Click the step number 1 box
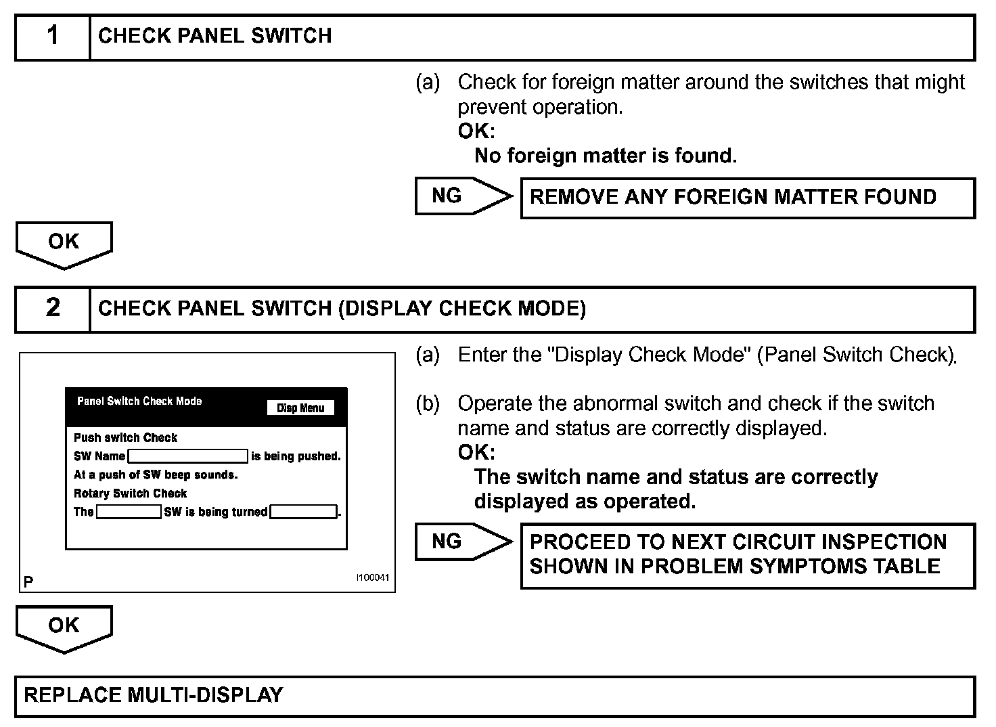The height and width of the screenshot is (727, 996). pyautogui.click(x=53, y=37)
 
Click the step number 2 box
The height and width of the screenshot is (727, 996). pyautogui.click(x=53, y=309)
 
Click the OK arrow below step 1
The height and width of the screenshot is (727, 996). pyautogui.click(x=64, y=244)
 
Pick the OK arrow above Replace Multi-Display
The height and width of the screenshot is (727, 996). pyautogui.click(x=64, y=627)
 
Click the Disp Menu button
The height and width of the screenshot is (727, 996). pyautogui.click(x=300, y=408)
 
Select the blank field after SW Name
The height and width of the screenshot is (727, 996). pyautogui.click(x=188, y=456)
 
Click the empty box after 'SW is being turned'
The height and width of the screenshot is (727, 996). pyautogui.click(x=303, y=512)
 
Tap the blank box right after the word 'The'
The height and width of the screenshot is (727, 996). pyautogui.click(x=129, y=512)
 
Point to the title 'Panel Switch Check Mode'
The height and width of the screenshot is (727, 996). pyautogui.click(x=139, y=401)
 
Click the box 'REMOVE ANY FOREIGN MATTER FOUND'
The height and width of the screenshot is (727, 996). pyautogui.click(x=747, y=198)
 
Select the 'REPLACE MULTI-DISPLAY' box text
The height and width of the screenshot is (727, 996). pyautogui.click(x=154, y=695)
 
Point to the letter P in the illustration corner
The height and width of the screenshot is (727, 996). pyautogui.click(x=28, y=581)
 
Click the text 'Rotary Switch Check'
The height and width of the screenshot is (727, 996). pyautogui.click(x=130, y=493)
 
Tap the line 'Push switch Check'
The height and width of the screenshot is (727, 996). pyautogui.click(x=125, y=438)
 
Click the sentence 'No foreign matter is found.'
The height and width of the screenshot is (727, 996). pyautogui.click(x=606, y=156)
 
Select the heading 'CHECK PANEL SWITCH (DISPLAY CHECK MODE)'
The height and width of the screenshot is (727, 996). pyautogui.click(x=342, y=309)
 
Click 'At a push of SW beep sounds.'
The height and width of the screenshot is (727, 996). pyautogui.click(x=156, y=475)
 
